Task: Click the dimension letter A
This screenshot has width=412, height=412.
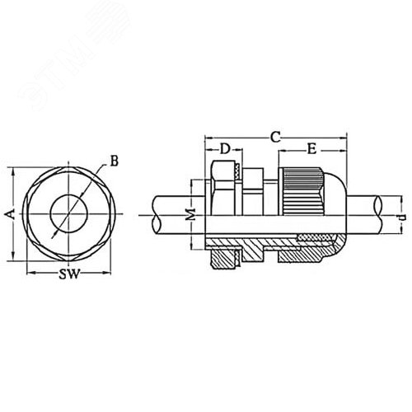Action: coord(8,214)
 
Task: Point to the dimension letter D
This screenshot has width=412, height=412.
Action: coord(224,150)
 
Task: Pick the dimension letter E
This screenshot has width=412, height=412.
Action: coord(312,149)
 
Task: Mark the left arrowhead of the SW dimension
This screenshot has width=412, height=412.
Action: coord(30,274)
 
